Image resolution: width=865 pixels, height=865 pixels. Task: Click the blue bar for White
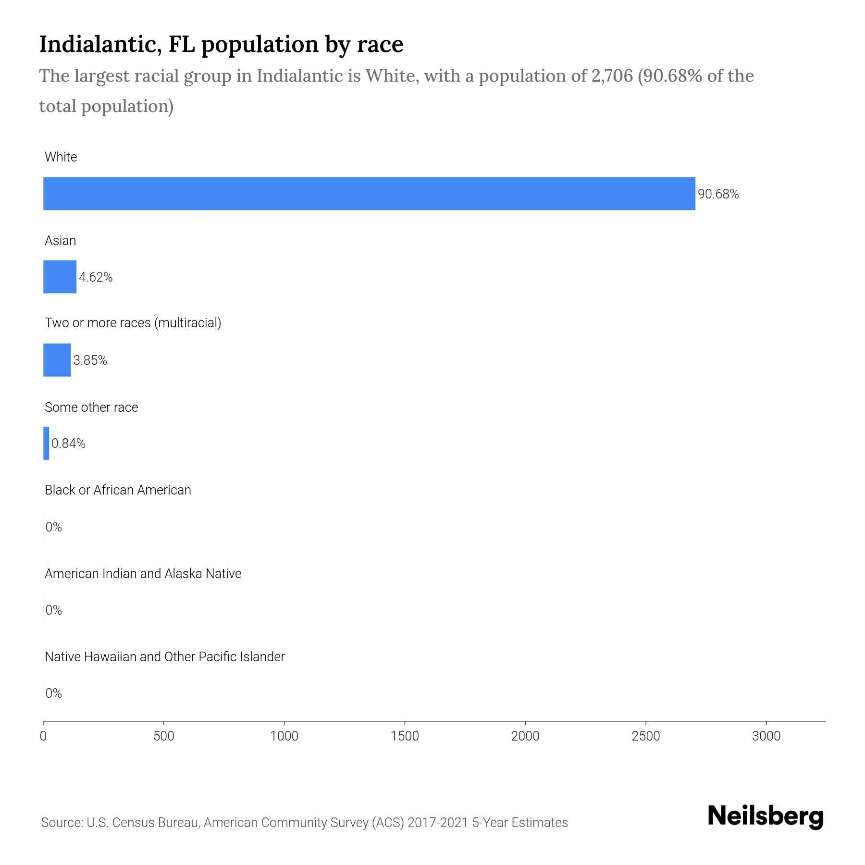pyautogui.click(x=369, y=194)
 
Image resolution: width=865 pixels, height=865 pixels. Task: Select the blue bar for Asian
pyautogui.click(x=60, y=277)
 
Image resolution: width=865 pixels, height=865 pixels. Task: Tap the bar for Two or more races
pyautogui.click(x=57, y=360)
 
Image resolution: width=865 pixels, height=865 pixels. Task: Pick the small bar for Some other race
pyautogui.click(x=46, y=443)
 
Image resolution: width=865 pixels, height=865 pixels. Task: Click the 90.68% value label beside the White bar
pyautogui.click(x=718, y=194)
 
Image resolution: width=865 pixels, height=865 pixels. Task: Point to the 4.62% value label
pyautogui.click(x=96, y=277)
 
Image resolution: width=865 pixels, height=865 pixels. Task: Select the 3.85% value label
pyautogui.click(x=90, y=360)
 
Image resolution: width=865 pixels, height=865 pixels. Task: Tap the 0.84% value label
pyautogui.click(x=68, y=444)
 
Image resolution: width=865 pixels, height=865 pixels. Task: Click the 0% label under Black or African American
pyautogui.click(x=53, y=527)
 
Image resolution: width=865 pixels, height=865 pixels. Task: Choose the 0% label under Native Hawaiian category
pyautogui.click(x=53, y=693)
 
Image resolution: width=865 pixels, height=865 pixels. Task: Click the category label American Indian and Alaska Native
pyautogui.click(x=143, y=573)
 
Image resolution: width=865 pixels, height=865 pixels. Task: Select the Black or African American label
pyautogui.click(x=118, y=490)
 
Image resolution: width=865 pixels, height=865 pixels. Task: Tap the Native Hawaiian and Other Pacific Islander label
pyautogui.click(x=164, y=656)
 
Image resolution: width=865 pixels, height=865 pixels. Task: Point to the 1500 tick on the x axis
pyautogui.click(x=405, y=736)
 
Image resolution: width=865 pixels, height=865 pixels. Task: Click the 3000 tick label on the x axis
pyautogui.click(x=766, y=736)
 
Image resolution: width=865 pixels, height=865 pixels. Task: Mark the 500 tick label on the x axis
pyautogui.click(x=164, y=736)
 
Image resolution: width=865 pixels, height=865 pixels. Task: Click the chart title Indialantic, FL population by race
pyautogui.click(x=221, y=44)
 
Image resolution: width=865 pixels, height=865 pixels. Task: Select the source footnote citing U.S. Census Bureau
pyautogui.click(x=304, y=822)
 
